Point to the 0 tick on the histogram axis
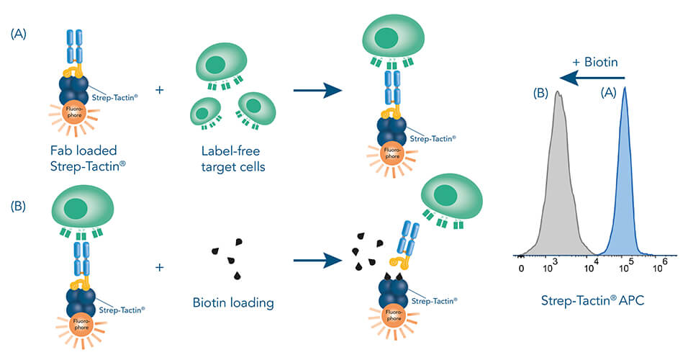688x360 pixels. pyautogui.click(x=521, y=268)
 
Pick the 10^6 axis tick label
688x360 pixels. pyautogui.click(x=660, y=267)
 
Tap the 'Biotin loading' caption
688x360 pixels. pyautogui.click(x=234, y=302)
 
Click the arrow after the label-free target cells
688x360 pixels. pyautogui.click(x=316, y=90)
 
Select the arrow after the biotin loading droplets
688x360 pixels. pyautogui.click(x=316, y=261)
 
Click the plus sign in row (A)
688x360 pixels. pyautogui.click(x=159, y=91)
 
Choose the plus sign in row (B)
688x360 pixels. pyautogui.click(x=159, y=267)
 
